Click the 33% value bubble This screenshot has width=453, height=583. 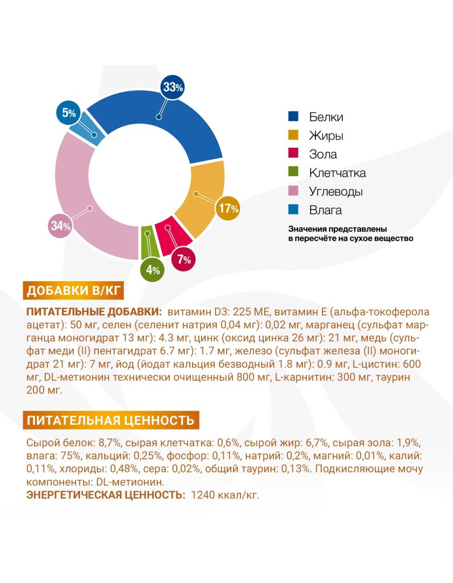click(x=172, y=87)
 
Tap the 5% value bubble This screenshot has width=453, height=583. click(x=69, y=113)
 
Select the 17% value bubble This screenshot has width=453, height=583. click(x=228, y=209)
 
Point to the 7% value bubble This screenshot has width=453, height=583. click(x=183, y=260)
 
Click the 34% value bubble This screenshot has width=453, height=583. click(x=61, y=226)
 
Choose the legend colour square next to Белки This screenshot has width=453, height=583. click(x=293, y=117)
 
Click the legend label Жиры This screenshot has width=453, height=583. click(x=326, y=135)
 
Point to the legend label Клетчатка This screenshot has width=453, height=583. click(x=338, y=173)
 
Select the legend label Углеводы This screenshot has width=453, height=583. click(x=336, y=192)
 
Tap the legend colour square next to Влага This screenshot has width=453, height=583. click(x=293, y=210)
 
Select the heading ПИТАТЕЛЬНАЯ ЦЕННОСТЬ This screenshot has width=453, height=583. click(x=110, y=420)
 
